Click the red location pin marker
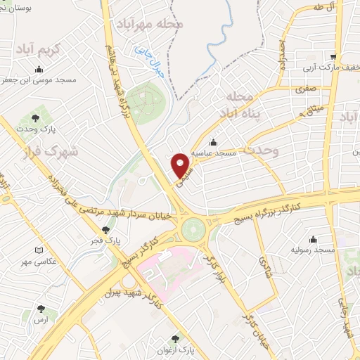(x=182, y=165)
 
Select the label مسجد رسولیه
(x=313, y=250)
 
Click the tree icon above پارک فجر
(x=106, y=229)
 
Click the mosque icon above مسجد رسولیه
(x=313, y=239)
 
